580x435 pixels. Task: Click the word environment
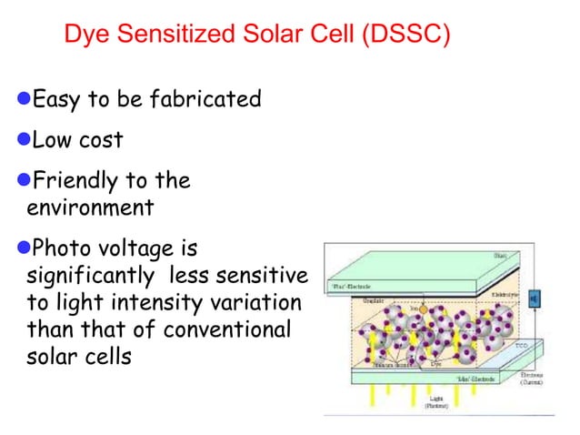[x=90, y=208]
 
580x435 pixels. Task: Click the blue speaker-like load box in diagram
[x=534, y=298]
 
